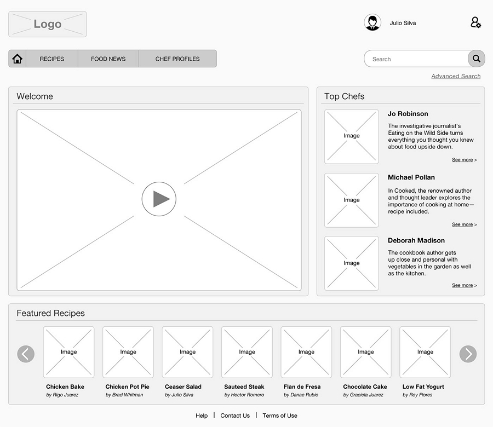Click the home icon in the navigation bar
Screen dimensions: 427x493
(x=17, y=59)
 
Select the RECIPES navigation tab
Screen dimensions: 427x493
(x=52, y=59)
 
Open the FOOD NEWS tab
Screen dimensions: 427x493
(x=108, y=59)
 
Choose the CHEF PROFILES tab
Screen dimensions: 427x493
(x=177, y=59)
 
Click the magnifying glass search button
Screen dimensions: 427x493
(x=477, y=59)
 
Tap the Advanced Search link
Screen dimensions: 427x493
(x=456, y=76)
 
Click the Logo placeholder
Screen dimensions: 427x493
(x=48, y=24)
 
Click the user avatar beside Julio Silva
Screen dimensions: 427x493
(x=372, y=22)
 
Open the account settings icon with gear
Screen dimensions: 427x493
(x=475, y=22)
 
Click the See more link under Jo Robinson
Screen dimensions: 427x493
(x=463, y=160)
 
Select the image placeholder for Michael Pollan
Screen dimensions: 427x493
(x=352, y=200)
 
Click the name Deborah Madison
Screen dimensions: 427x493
(x=416, y=240)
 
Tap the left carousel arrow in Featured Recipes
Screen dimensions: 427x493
(x=26, y=354)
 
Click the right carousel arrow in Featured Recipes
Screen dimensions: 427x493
(x=468, y=354)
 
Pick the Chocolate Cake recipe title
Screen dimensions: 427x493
(x=365, y=386)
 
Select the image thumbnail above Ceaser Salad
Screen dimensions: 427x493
(x=187, y=352)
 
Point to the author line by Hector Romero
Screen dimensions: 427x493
(x=244, y=395)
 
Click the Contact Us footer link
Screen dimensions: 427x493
(x=235, y=416)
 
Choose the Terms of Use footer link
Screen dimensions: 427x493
(x=280, y=416)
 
